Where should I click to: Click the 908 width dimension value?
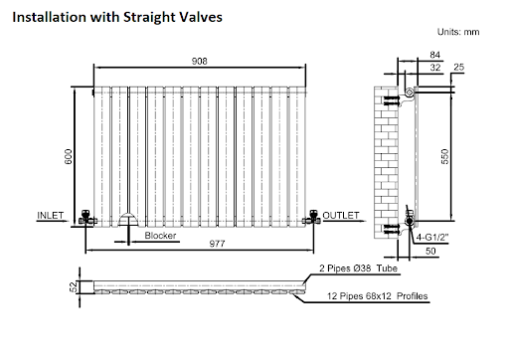pos(199,62)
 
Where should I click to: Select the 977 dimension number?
pos(217,244)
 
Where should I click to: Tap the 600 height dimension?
pos(68,157)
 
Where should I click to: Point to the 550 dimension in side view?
pos(444,156)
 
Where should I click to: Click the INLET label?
pos(50,216)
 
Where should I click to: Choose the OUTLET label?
pos(341,216)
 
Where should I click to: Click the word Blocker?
pos(160,236)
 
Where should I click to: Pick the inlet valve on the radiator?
pos(86,218)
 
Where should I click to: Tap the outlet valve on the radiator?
pos(311,218)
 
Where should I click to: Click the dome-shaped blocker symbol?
pos(128,220)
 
